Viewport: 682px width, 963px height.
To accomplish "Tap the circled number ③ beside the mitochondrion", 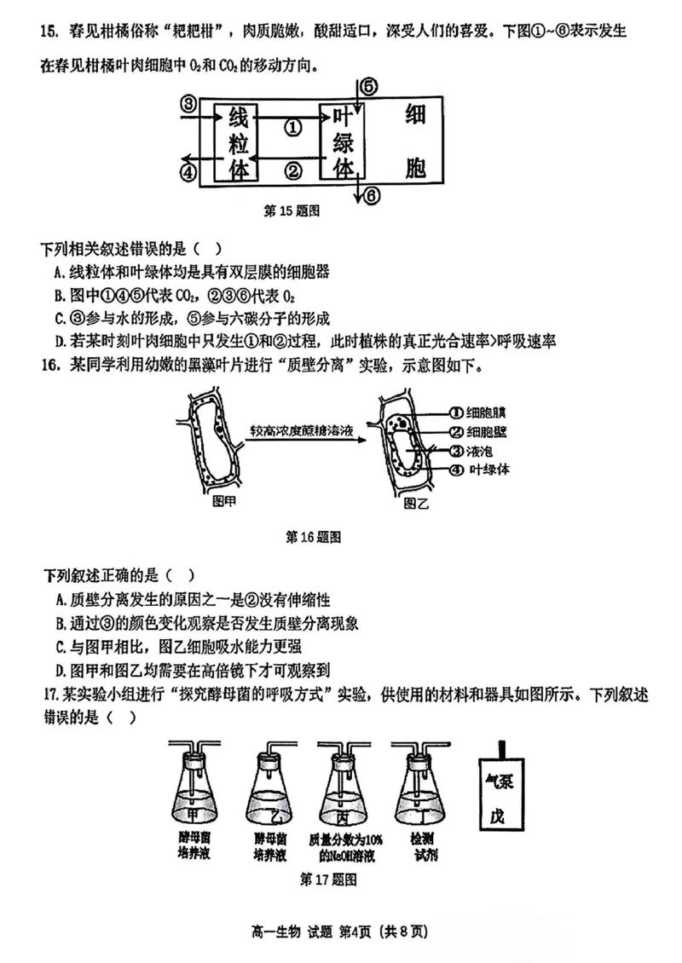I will pos(188,105).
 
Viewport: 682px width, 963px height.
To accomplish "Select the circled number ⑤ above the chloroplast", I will pos(368,86).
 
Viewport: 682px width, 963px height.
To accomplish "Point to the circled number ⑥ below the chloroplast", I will pos(372,196).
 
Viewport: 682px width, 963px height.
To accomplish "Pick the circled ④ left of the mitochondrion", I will pos(188,171).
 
